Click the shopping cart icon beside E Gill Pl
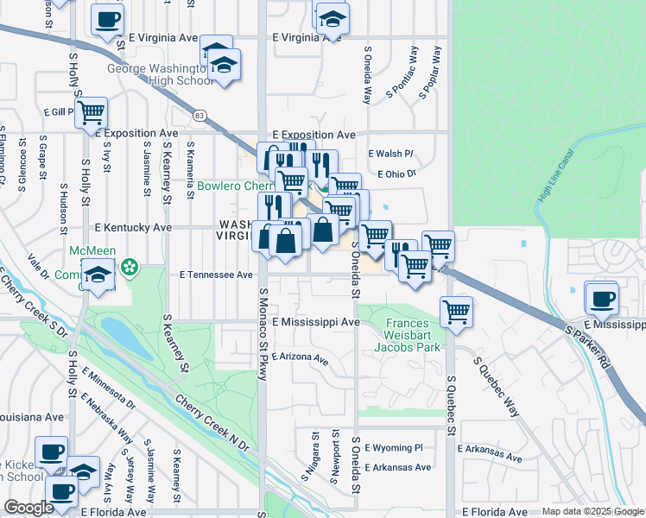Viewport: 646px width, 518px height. point(91,112)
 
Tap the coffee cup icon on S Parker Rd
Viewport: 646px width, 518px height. point(601,299)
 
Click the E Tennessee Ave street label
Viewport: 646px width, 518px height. point(216,275)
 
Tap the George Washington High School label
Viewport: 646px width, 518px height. point(160,74)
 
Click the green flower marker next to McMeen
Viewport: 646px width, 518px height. point(130,268)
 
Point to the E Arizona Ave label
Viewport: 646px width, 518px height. point(300,357)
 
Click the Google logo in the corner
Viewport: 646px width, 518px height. point(28,508)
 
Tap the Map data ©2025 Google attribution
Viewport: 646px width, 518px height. point(592,512)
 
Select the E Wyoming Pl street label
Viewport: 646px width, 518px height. point(393,448)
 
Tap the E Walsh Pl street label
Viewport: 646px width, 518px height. point(390,154)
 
